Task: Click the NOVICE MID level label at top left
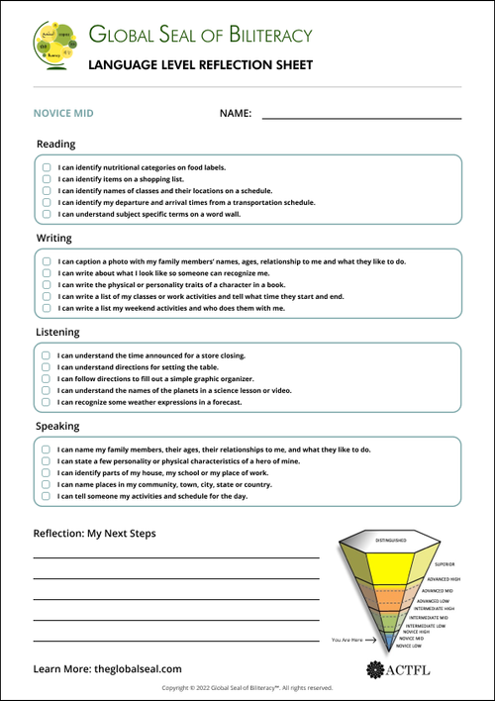point(63,114)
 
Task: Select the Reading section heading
point(55,144)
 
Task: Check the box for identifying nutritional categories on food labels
point(47,166)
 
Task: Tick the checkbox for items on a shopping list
point(47,178)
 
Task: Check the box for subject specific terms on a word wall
point(47,213)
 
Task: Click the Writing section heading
point(53,239)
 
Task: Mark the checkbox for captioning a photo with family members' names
point(47,261)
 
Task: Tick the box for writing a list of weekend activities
point(47,308)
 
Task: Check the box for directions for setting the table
point(47,366)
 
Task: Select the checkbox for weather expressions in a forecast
point(47,402)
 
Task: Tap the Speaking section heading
point(57,426)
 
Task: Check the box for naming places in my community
point(47,484)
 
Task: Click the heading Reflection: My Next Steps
point(94,534)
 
